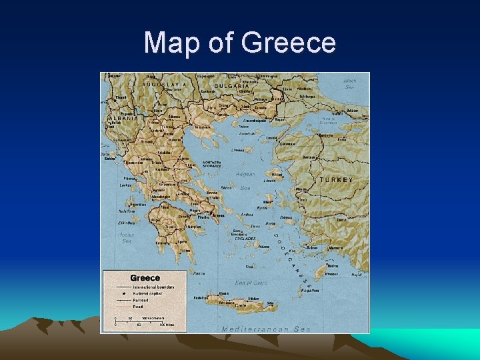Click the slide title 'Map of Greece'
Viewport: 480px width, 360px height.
239,43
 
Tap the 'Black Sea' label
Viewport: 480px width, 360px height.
350,83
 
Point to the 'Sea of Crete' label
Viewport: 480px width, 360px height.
252,283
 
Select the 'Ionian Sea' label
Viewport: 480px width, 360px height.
126,238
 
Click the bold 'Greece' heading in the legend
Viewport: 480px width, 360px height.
145,277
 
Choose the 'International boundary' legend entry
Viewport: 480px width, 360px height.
153,287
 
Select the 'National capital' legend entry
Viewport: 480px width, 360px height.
149,293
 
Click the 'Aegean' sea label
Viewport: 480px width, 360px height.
246,174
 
